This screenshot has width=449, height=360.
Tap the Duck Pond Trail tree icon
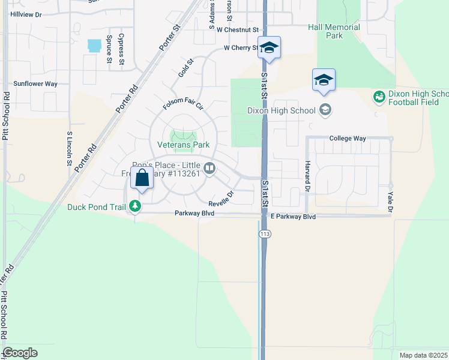136,207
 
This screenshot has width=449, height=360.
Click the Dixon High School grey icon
325,109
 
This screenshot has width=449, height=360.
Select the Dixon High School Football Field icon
379,97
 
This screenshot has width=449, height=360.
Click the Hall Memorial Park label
334,31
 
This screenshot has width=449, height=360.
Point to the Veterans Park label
183,145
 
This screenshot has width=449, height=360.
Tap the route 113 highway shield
264,233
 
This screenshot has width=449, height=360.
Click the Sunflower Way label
35,84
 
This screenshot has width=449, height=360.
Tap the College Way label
348,139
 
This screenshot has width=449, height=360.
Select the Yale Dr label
390,202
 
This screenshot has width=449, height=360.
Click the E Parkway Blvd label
293,217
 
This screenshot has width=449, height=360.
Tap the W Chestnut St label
238,29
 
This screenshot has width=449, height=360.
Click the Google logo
20,353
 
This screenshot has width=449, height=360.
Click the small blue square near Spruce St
94,46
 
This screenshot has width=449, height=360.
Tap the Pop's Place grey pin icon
209,169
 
